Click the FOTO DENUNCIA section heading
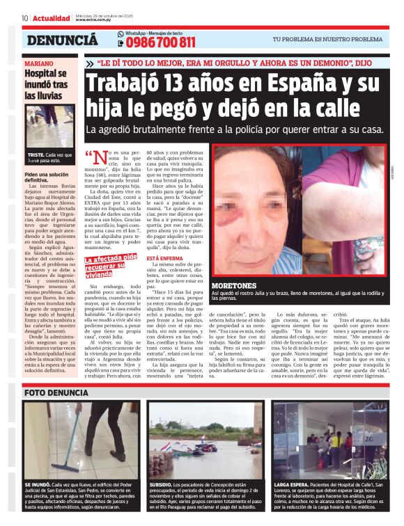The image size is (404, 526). (56, 393)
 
